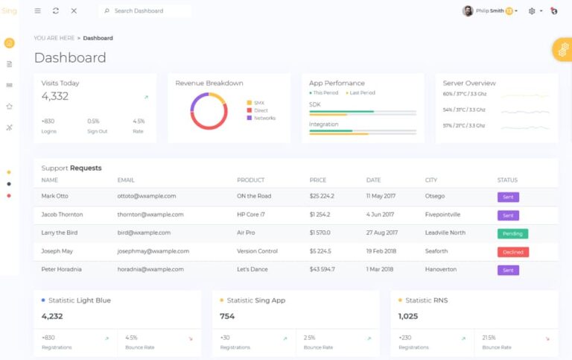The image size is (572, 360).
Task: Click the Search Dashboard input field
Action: (149, 11)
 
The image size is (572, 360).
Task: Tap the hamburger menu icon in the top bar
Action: (38, 11)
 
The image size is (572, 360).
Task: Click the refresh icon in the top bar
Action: (56, 11)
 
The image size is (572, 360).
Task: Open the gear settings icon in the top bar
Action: (532, 11)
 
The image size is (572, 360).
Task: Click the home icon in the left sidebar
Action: (9, 43)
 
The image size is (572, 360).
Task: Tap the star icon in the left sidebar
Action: (9, 106)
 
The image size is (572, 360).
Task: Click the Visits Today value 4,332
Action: (55, 96)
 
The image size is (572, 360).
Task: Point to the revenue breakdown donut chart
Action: (209, 111)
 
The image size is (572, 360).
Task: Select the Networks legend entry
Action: (264, 119)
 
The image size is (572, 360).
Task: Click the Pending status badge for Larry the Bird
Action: (512, 233)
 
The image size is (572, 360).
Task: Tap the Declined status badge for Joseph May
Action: (512, 252)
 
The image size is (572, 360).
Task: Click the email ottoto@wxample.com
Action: (147, 196)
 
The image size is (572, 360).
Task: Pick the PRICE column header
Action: (318, 180)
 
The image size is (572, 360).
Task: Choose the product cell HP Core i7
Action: (252, 215)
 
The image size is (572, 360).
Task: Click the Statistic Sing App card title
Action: (255, 300)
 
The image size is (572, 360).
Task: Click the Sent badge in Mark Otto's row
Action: (508, 197)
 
